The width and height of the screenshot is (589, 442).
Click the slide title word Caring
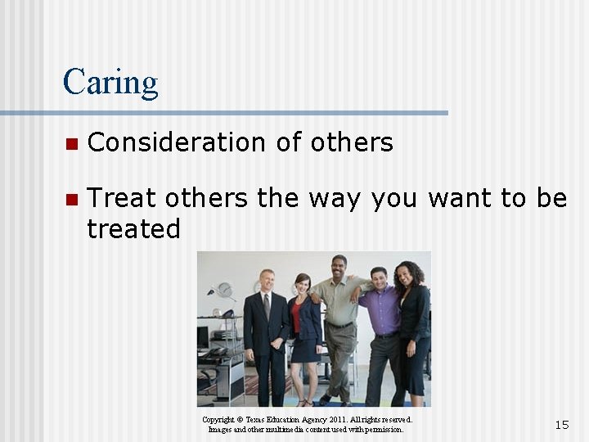click(x=110, y=83)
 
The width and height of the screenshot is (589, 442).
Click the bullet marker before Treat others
click(x=70, y=199)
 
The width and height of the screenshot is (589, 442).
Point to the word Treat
click(x=121, y=198)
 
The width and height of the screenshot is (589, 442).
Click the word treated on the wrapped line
click(x=133, y=229)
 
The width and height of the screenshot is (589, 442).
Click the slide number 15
click(x=561, y=424)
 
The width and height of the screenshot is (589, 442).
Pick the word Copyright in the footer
click(x=219, y=420)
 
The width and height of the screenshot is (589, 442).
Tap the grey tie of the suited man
click(x=267, y=307)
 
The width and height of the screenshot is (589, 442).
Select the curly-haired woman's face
click(x=406, y=275)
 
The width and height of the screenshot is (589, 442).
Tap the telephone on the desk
click(x=218, y=351)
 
